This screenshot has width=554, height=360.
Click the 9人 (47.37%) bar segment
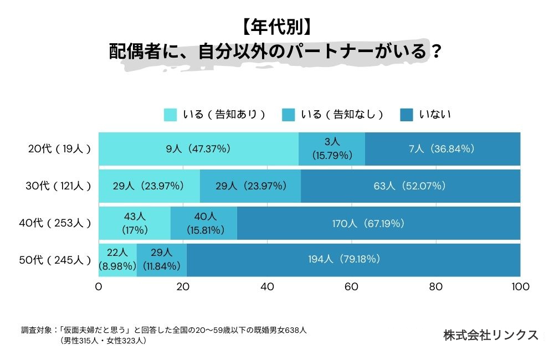click(x=198, y=148)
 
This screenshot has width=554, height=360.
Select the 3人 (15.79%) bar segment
click(x=332, y=148)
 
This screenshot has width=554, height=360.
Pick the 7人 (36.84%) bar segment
click(x=443, y=148)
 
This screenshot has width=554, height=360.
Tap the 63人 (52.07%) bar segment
click(x=411, y=186)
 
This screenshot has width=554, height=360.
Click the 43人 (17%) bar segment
click(x=135, y=223)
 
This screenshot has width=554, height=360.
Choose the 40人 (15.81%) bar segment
click(x=204, y=223)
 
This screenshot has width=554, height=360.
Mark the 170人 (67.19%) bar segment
click(x=379, y=223)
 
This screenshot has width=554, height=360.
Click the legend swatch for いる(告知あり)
click(x=170, y=115)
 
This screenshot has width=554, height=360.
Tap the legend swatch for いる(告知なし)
click(x=289, y=115)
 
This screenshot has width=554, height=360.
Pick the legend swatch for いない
click(x=407, y=115)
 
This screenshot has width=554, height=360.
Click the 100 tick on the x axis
click(x=520, y=287)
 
